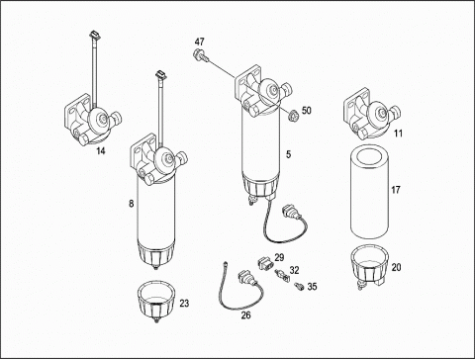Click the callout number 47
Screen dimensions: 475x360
pyautogui.click(x=199, y=42)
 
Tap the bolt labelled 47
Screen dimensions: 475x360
pyautogui.click(x=201, y=54)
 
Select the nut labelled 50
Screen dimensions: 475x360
pyautogui.click(x=293, y=116)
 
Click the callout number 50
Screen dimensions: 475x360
pyautogui.click(x=307, y=110)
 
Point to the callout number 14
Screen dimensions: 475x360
pyautogui.click(x=101, y=151)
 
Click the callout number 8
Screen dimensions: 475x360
pyautogui.click(x=132, y=204)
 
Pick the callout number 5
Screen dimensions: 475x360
pyautogui.click(x=289, y=154)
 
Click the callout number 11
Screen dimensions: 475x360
pyautogui.click(x=399, y=134)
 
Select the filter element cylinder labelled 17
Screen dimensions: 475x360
pyautogui.click(x=369, y=191)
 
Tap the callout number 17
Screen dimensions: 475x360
pyautogui.click(x=396, y=190)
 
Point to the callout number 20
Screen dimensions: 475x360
pyautogui.click(x=396, y=267)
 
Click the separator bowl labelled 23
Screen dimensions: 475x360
pyautogui.click(x=155, y=301)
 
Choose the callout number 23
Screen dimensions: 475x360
pyautogui.click(x=184, y=303)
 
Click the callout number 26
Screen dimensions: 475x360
pyautogui.click(x=245, y=315)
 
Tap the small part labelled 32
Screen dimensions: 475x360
pyautogui.click(x=281, y=275)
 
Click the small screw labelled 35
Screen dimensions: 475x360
pyautogui.click(x=300, y=287)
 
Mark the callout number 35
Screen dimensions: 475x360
pyautogui.click(x=312, y=287)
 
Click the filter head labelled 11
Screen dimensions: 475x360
pyautogui.click(x=371, y=114)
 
